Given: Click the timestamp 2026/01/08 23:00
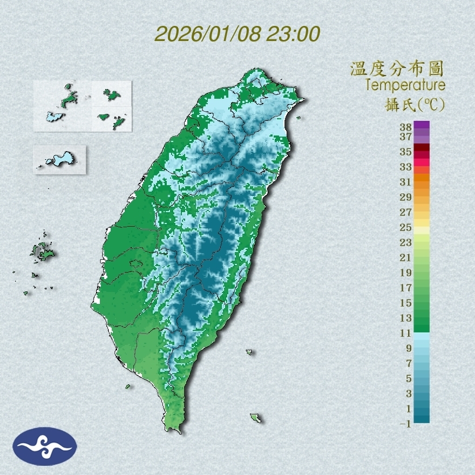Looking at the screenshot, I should [237, 34].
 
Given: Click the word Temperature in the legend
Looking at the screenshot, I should [405, 85].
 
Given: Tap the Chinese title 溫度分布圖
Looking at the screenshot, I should [397, 69].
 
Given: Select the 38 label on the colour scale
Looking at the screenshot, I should [406, 127].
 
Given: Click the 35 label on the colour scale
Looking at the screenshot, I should [406, 152].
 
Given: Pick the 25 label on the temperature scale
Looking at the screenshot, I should [406, 227].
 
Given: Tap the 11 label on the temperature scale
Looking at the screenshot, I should [406, 333].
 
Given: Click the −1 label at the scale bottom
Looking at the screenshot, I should [405, 424].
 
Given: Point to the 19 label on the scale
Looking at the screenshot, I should [406, 273].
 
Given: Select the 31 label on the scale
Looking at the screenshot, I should [406, 182].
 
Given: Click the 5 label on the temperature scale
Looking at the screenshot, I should [408, 378].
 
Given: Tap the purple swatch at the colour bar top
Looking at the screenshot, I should [422, 125].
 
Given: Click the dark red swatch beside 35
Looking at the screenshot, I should [422, 148].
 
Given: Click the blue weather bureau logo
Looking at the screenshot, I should [45, 446].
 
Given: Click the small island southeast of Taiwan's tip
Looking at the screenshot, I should [255, 418].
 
